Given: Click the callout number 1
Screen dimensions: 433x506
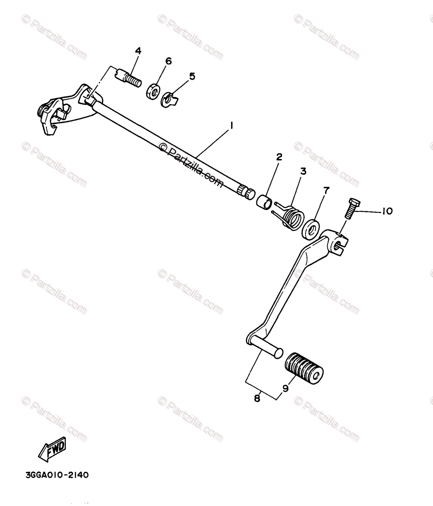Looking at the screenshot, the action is point(231,125).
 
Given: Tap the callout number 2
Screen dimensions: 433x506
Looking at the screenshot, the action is point(279,157).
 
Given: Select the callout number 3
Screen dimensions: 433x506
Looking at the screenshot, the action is point(303,172).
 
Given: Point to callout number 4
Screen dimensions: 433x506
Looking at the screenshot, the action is point(138,51).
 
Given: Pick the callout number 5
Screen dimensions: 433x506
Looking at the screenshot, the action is point(192,76).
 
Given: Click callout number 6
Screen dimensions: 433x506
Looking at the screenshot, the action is point(168,61).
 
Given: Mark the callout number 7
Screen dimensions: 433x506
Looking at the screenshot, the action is point(326,190).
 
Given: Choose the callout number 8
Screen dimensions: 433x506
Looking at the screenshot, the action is point(257,398).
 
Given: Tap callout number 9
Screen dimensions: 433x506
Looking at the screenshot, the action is point(285,389).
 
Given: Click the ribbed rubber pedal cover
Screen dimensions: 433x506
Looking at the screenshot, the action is point(304,369).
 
